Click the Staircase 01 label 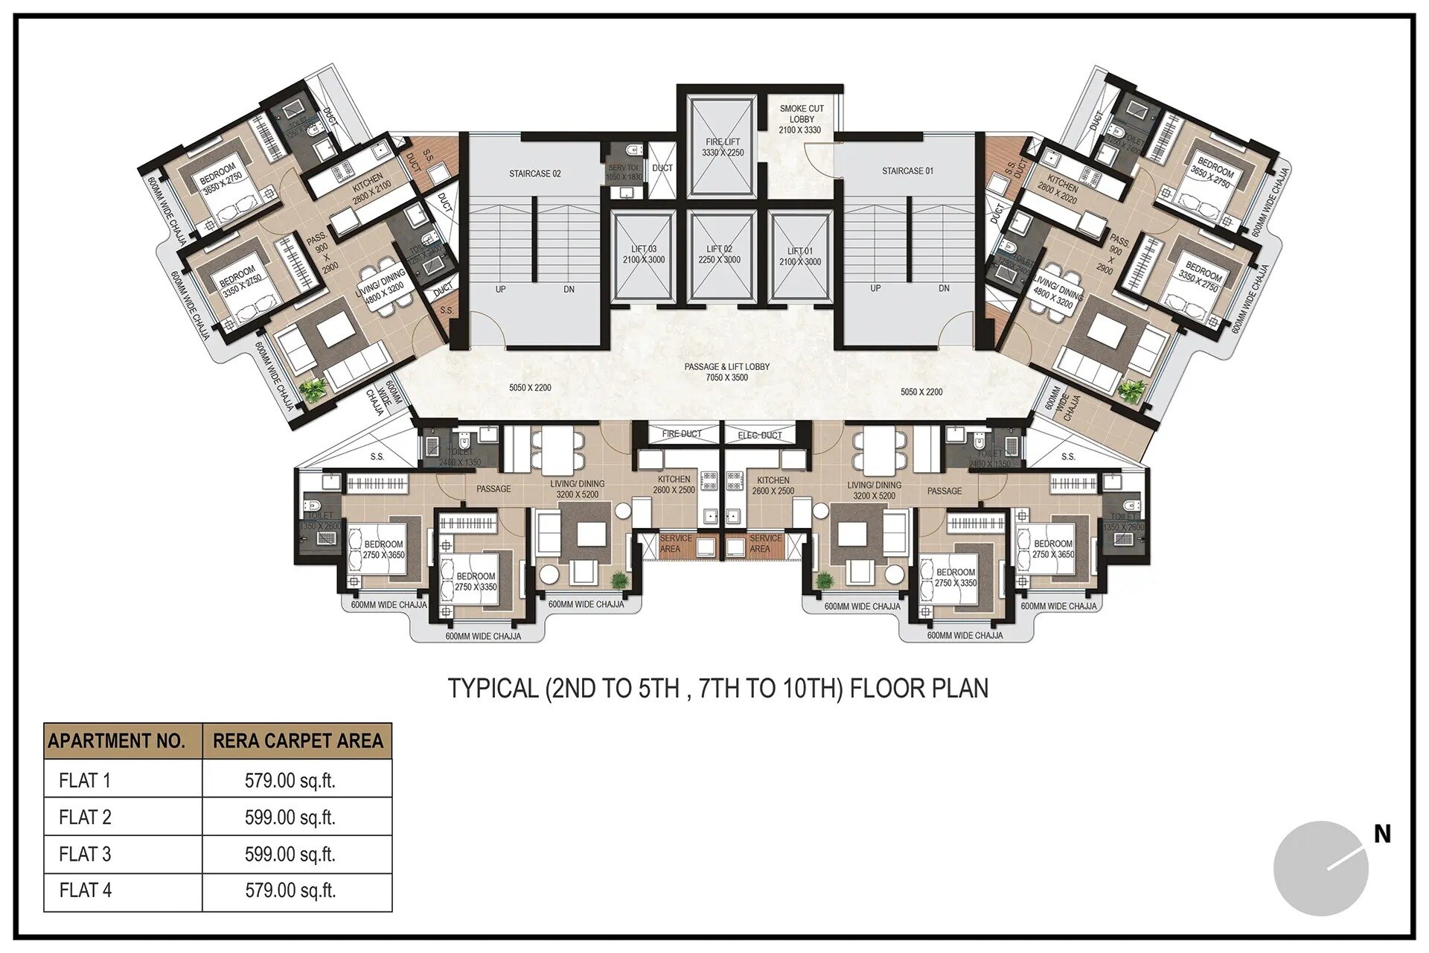click(x=907, y=171)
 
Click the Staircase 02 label click(x=534, y=173)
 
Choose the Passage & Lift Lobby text click(x=726, y=367)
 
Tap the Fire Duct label click(x=681, y=434)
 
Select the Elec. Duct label click(x=759, y=435)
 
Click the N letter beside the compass click(x=1382, y=835)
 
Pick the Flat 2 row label click(x=85, y=817)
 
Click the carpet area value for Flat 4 click(x=290, y=890)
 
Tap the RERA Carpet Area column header click(x=298, y=741)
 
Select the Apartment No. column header click(x=116, y=741)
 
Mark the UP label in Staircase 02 click(x=500, y=289)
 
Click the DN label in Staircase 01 click(x=944, y=288)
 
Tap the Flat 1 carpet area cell click(x=290, y=781)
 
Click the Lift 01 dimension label click(x=800, y=262)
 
